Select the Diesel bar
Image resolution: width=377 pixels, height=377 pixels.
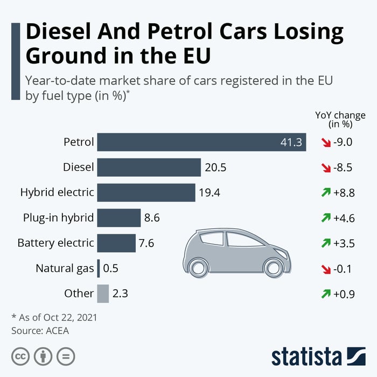pyautogui.click(x=149, y=167)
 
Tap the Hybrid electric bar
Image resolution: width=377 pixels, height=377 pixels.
pyautogui.click(x=146, y=192)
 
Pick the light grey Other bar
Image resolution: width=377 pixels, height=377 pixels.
pyautogui.click(x=103, y=294)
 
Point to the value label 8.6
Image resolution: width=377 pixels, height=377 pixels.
pyautogui.click(x=152, y=218)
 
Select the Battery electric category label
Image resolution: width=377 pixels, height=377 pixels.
pyautogui.click(x=55, y=243)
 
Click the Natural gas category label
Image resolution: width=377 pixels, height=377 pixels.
pyautogui.click(x=65, y=268)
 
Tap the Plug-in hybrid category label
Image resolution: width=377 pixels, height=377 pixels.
pyautogui.click(x=58, y=218)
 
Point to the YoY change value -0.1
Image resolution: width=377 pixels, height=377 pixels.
pyautogui.click(x=343, y=268)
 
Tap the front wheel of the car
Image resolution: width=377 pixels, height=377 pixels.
pyautogui.click(x=273, y=267)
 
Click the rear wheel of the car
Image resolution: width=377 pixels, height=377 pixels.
pyautogui.click(x=199, y=267)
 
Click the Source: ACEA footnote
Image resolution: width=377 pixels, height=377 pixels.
pyautogui.click(x=40, y=331)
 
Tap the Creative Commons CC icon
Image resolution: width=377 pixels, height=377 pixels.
pyautogui.click(x=20, y=356)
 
